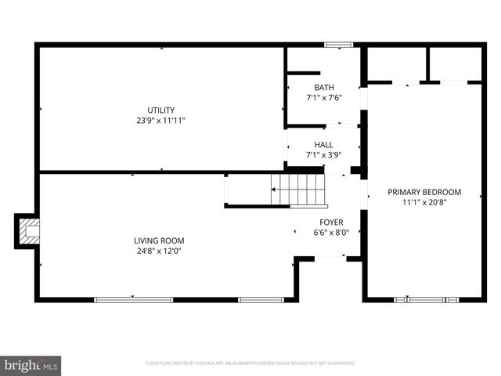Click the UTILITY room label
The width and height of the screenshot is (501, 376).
[161, 110]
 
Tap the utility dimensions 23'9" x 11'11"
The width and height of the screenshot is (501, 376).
[161, 121]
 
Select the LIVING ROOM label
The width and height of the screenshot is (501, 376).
[159, 240]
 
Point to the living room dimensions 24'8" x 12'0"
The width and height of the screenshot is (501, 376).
[159, 251]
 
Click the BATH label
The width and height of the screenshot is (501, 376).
[323, 87]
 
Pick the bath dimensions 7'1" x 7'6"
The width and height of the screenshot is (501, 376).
[323, 98]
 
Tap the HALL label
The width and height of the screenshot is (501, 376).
[323, 144]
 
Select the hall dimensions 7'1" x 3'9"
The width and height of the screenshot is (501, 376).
[323, 155]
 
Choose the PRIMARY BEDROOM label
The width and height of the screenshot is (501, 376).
[425, 192]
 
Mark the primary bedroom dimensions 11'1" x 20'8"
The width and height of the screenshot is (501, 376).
[425, 203]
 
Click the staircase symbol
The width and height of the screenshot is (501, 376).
[297, 189]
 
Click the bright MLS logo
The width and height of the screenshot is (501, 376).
[31, 364]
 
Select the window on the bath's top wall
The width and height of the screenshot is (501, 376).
[338, 45]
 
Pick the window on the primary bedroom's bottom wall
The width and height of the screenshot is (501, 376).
[427, 299]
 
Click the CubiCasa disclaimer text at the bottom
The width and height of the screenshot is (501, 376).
[250, 363]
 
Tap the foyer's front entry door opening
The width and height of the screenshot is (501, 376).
[330, 258]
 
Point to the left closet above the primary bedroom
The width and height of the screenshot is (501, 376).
[396, 63]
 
